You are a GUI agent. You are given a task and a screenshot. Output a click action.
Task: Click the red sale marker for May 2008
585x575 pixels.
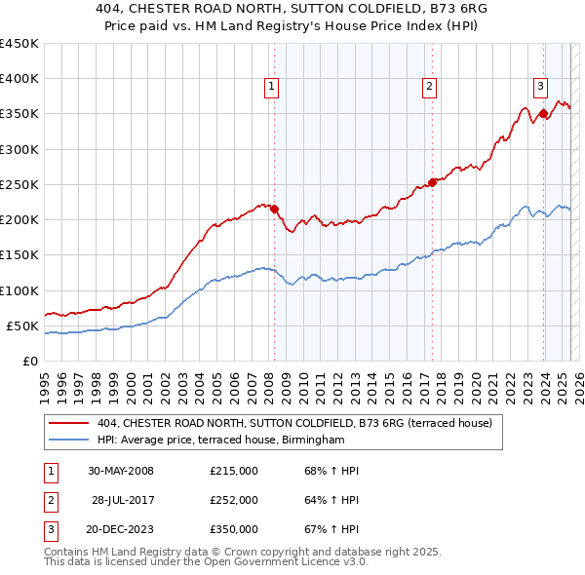[x=274, y=209]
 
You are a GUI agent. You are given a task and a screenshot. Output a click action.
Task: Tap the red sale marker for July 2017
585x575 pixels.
[x=432, y=182]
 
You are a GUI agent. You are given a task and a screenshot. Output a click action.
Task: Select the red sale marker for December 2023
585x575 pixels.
[x=543, y=113]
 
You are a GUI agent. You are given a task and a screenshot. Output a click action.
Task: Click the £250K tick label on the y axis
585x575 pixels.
[x=19, y=184]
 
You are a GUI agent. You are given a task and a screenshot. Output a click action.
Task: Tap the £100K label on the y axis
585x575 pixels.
[x=19, y=290]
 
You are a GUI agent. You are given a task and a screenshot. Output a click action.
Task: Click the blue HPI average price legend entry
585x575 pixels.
[x=221, y=441]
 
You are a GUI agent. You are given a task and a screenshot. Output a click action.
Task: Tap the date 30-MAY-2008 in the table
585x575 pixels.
[x=121, y=471]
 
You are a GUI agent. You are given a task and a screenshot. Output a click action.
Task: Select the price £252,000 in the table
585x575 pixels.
[x=234, y=500]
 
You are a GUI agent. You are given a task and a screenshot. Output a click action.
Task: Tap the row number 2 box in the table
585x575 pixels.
[x=48, y=500]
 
